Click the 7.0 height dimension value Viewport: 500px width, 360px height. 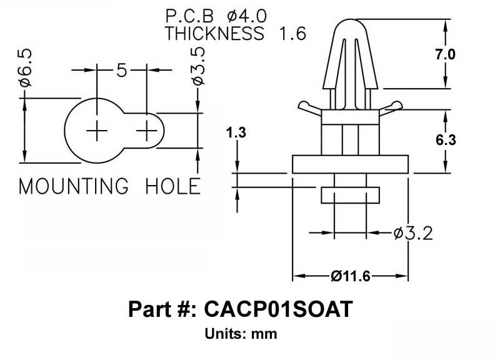446,54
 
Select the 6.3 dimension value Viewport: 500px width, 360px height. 446,140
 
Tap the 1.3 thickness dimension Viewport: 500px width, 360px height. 236,132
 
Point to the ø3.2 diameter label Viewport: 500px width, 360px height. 413,233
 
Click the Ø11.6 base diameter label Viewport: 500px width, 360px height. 351,276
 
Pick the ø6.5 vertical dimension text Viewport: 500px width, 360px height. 26,67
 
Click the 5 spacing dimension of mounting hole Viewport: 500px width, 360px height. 121,70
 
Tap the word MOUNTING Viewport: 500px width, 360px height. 74,186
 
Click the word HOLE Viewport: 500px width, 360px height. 173,186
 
